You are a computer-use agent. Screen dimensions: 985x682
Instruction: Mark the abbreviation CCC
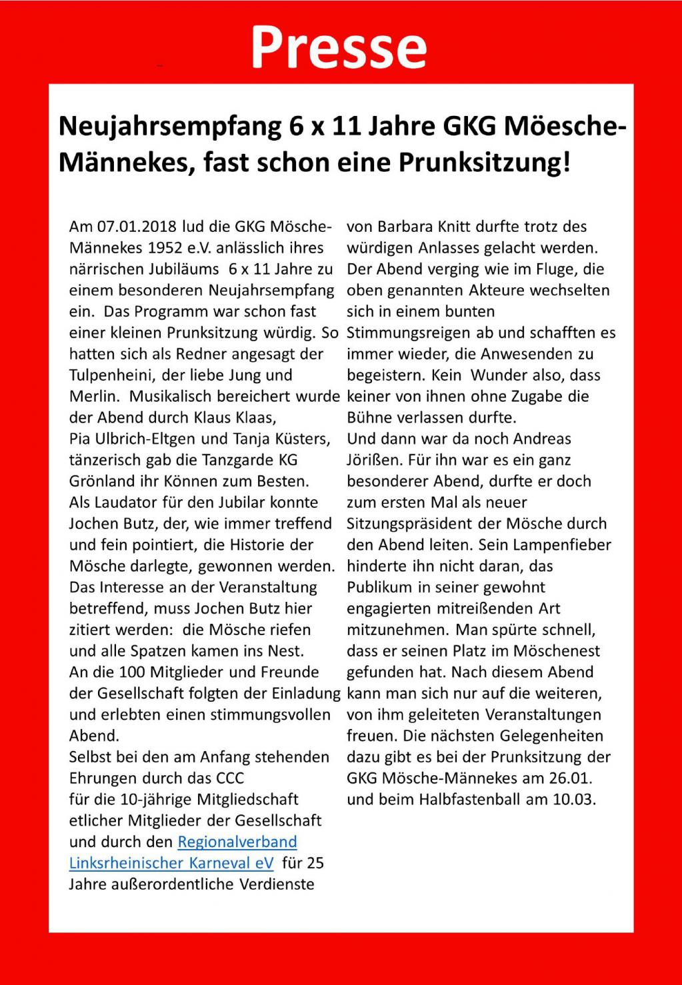tap(230, 778)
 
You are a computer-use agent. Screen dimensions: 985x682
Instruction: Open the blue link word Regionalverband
tap(237, 842)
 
